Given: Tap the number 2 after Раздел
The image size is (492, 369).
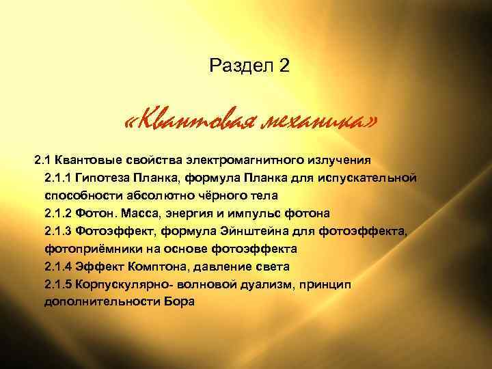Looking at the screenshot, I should [284, 66].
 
